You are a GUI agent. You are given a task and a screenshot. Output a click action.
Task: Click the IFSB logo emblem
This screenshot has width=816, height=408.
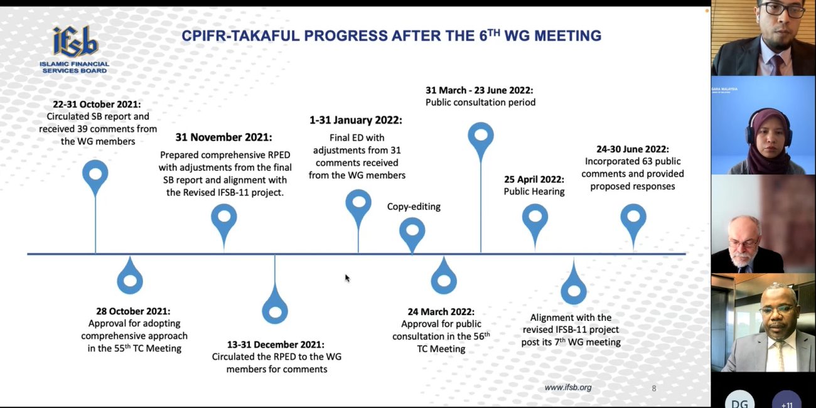(75, 41)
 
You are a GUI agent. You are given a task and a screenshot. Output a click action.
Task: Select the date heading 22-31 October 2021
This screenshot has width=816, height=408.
(97, 104)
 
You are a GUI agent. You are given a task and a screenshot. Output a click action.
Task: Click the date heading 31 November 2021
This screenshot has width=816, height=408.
(223, 137)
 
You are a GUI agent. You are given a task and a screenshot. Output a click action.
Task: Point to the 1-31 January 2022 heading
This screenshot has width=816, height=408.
(356, 121)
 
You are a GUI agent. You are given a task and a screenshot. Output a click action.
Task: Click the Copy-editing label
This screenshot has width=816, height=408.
(414, 207)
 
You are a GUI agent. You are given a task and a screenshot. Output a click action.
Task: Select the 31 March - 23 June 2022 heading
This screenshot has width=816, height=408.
(479, 90)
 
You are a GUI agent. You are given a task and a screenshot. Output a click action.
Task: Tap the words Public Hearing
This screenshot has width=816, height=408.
(534, 191)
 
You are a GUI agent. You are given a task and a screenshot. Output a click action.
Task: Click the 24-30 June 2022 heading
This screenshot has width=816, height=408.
(633, 149)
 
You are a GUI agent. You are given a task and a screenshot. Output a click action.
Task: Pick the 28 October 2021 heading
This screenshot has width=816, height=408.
(133, 311)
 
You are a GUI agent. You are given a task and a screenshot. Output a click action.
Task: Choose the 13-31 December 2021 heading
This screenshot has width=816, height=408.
(276, 344)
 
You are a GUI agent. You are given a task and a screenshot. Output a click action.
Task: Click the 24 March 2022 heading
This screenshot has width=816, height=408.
(441, 312)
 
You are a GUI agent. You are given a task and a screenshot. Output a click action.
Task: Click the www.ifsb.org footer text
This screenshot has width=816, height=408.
(568, 388)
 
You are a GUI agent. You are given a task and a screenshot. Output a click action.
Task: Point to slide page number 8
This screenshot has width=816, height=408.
(654, 389)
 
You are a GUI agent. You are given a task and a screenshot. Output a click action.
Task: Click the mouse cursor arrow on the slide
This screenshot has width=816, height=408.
(347, 278)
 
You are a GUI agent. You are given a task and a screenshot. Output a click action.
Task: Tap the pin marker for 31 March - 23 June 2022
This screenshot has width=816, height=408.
(481, 139)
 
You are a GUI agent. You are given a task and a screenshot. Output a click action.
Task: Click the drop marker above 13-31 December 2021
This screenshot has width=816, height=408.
(275, 307)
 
